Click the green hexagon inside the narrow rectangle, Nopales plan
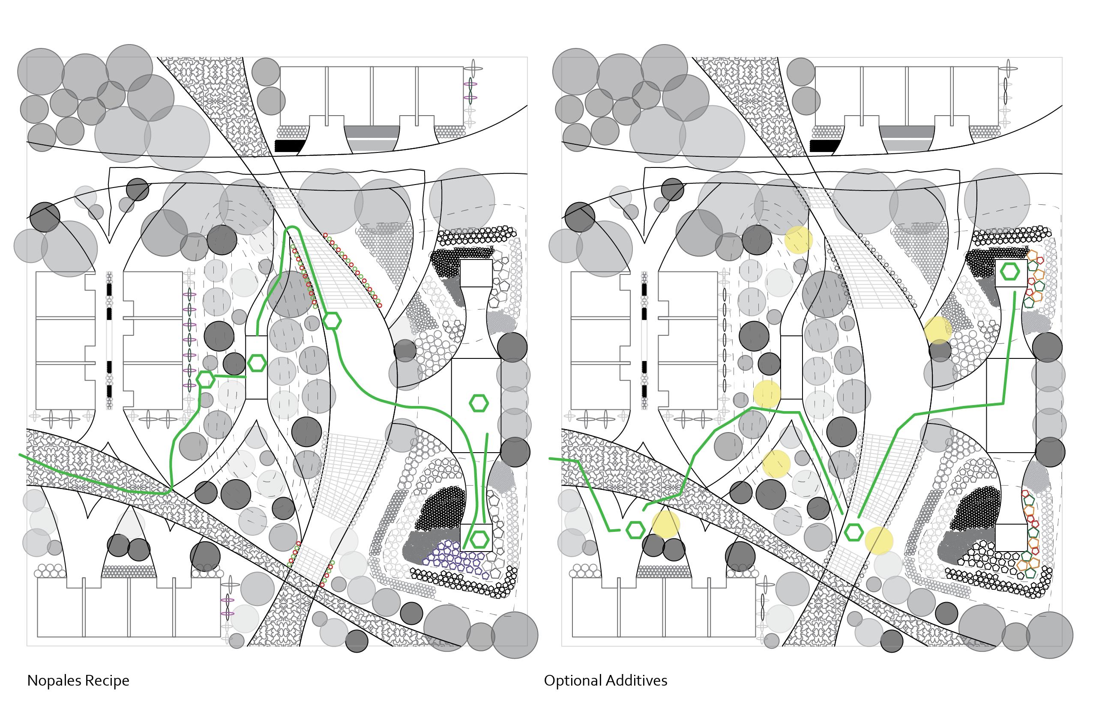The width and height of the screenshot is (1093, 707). pyautogui.click(x=257, y=363)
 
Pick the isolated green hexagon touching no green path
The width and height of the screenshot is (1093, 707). pyautogui.click(x=479, y=403)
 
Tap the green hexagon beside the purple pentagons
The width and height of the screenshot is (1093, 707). pyautogui.click(x=480, y=540)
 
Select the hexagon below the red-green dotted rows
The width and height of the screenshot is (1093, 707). pyautogui.click(x=332, y=321)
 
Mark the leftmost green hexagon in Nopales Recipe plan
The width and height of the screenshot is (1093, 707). pyautogui.click(x=205, y=379)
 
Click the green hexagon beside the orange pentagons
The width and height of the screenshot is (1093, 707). pyautogui.click(x=1010, y=271)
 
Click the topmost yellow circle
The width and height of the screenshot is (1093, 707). pyautogui.click(x=799, y=240)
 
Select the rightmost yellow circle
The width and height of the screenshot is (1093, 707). pyautogui.click(x=938, y=330)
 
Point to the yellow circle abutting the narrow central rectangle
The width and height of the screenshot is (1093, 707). pyautogui.click(x=767, y=394)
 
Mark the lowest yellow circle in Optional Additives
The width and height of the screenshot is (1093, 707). pyautogui.click(x=878, y=541)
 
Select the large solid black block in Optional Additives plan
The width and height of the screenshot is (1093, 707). pyautogui.click(x=825, y=146)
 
